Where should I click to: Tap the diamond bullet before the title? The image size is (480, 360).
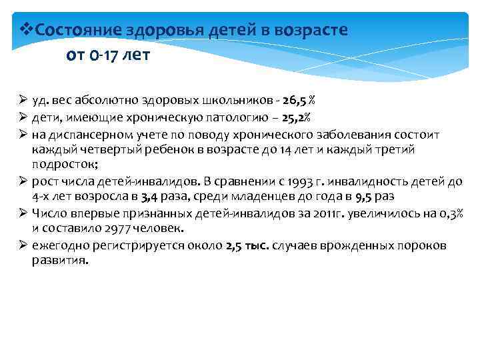(27, 29)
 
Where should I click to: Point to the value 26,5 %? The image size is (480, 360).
(299, 101)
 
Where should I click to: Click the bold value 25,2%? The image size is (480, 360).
(295, 117)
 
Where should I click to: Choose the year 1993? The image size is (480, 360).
(339, 181)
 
